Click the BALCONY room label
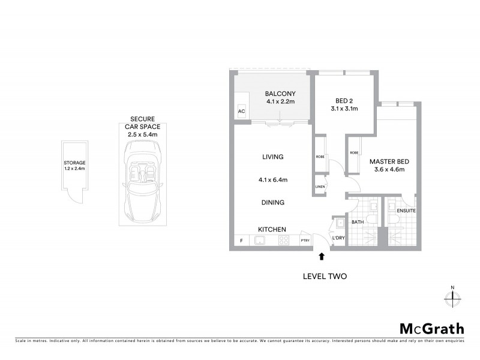[281, 94]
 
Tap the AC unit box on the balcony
[242, 112]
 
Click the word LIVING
[272, 157]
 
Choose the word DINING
[272, 203]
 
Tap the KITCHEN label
[272, 229]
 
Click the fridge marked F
[242, 241]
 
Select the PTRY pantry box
[305, 241]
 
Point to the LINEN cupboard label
[320, 187]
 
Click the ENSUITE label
[406, 211]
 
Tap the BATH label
[358, 223]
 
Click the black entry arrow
[322, 256]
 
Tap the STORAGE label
[75, 163]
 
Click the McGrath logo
[431, 328]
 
